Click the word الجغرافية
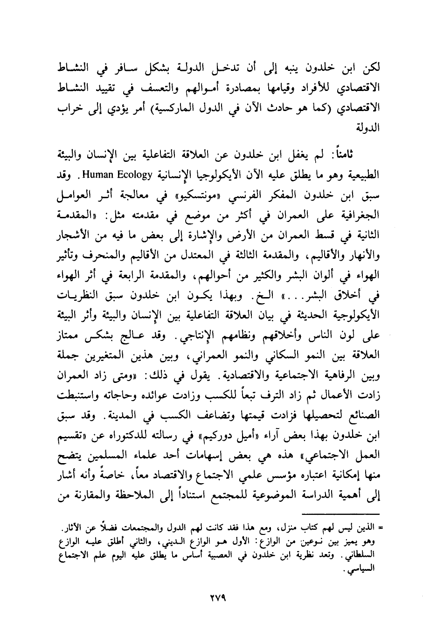[x=358, y=215]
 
